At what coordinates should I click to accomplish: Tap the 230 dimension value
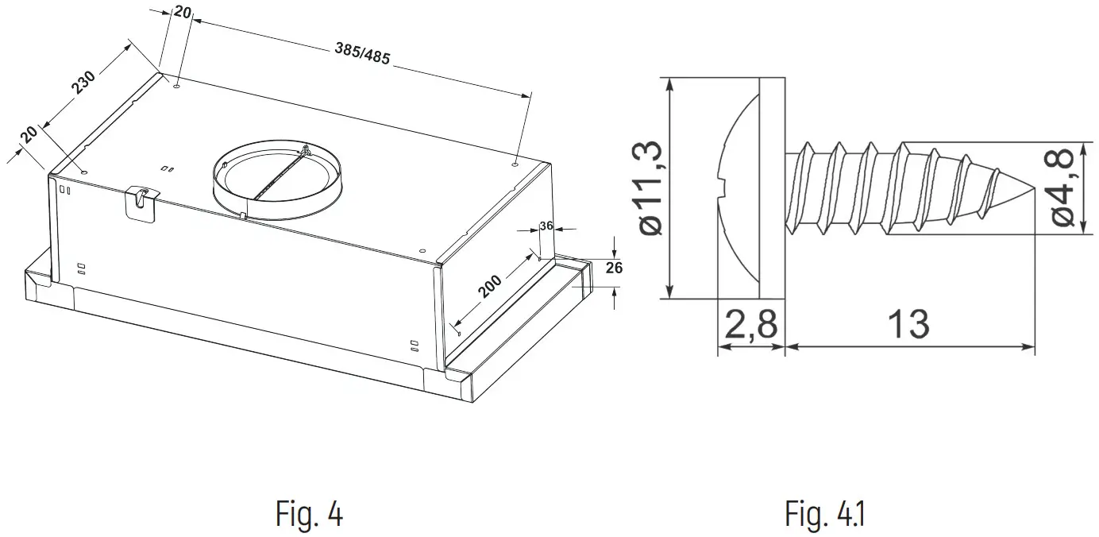(x=83, y=83)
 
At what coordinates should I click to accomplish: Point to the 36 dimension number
(x=546, y=226)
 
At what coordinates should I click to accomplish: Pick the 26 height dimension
(x=614, y=268)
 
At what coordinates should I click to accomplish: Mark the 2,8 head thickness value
(x=750, y=325)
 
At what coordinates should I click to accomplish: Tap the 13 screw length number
(x=908, y=325)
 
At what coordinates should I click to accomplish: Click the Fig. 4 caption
(x=310, y=514)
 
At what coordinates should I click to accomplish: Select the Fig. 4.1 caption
(x=825, y=514)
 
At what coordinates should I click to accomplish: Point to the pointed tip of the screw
(x=1024, y=188)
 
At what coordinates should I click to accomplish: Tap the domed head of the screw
(x=738, y=188)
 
